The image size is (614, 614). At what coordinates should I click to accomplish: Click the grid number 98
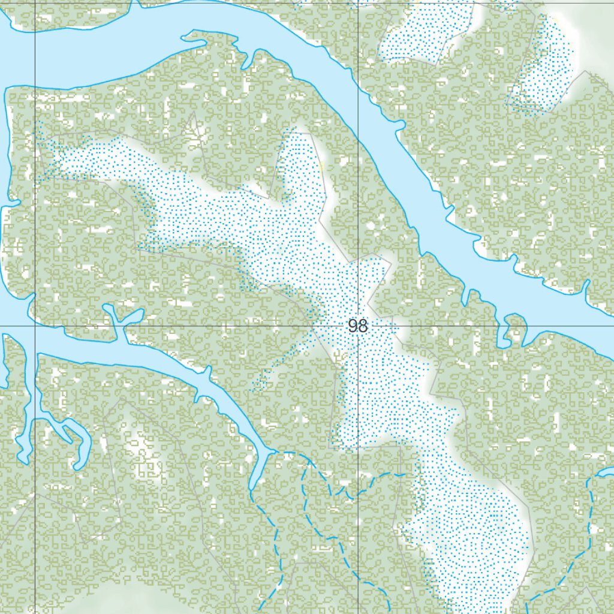pyautogui.click(x=357, y=326)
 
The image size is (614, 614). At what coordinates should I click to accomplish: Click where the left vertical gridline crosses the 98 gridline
pyautogui.click(x=35, y=326)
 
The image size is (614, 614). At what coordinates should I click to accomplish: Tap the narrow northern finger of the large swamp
pyautogui.click(x=300, y=162)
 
